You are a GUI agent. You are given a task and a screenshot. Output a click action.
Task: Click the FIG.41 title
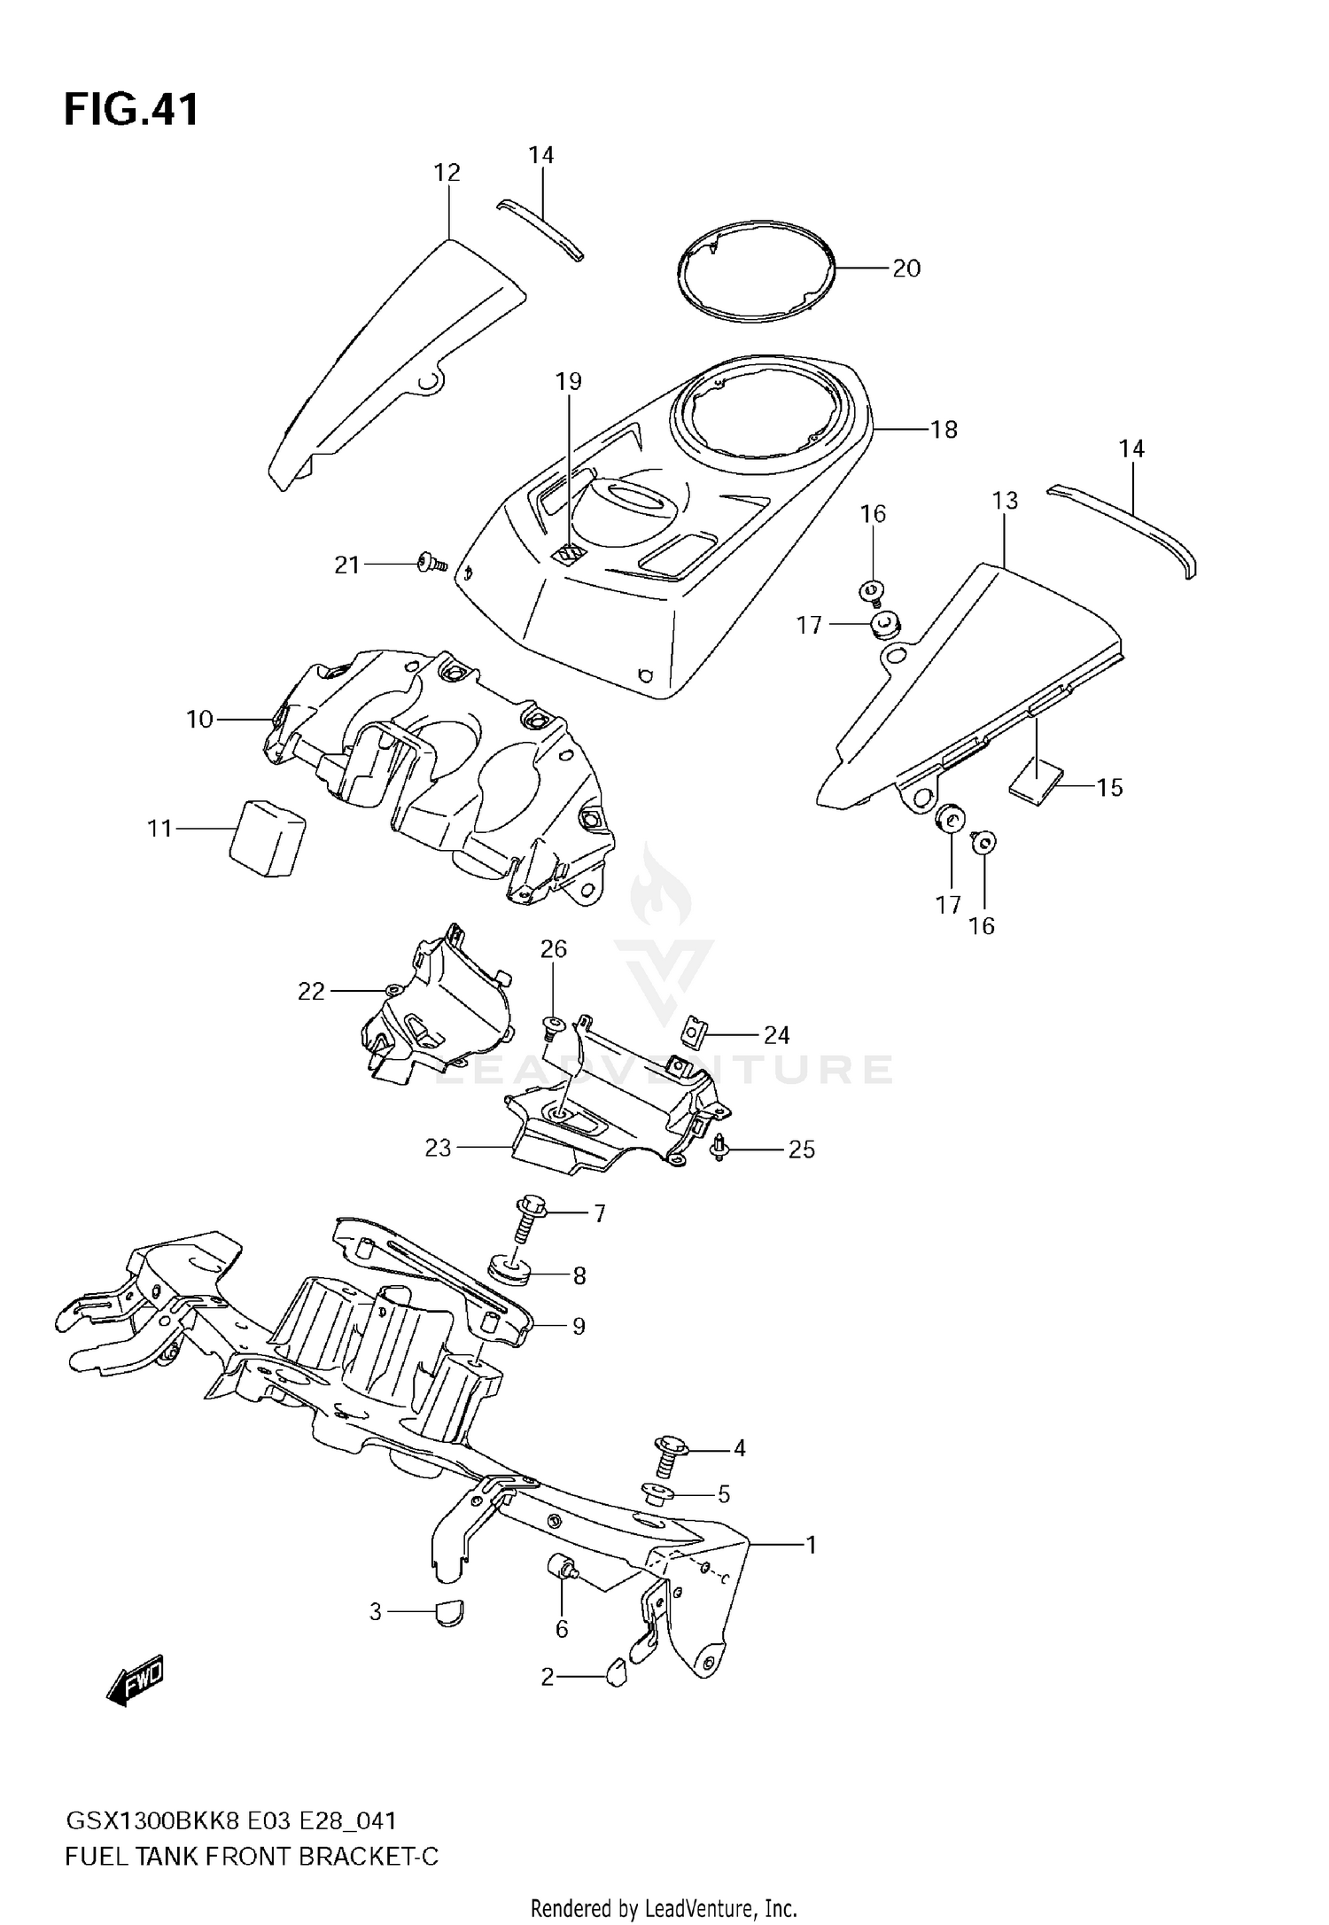tap(131, 110)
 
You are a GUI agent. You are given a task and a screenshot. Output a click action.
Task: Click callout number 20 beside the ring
tap(906, 268)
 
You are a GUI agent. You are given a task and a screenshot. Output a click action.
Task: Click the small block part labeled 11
tap(266, 838)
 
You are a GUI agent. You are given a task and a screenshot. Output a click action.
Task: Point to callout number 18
tap(944, 430)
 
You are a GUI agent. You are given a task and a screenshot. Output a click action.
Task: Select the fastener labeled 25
tap(719, 1150)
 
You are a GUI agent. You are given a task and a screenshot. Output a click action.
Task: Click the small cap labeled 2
tap(617, 1672)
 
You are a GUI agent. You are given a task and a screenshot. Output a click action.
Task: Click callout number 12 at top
tap(447, 172)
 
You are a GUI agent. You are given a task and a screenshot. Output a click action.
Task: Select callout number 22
tap(311, 991)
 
